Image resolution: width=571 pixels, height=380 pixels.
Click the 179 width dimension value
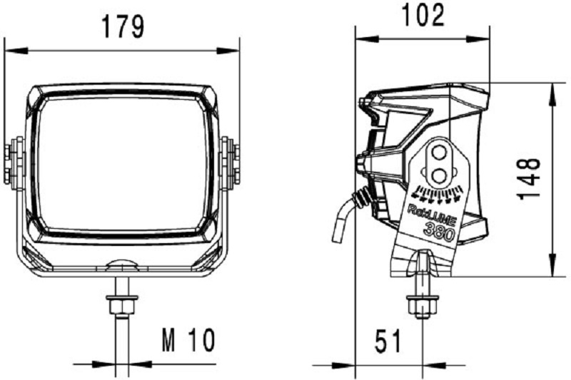(x=122, y=27)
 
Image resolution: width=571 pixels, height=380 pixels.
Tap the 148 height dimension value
(x=530, y=178)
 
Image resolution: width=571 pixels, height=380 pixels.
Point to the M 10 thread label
(x=188, y=342)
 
